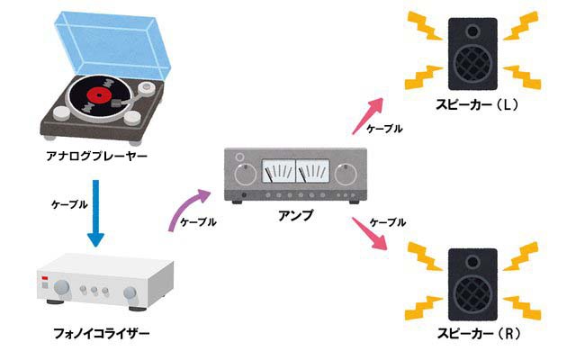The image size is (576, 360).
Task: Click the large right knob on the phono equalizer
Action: (132, 290)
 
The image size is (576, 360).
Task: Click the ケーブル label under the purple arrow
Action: (198, 222)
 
